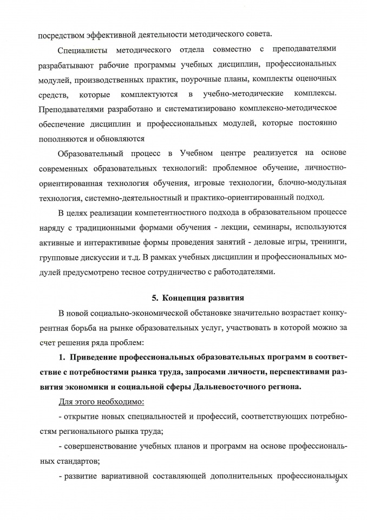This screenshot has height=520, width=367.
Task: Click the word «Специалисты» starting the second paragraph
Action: (x=80, y=50)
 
